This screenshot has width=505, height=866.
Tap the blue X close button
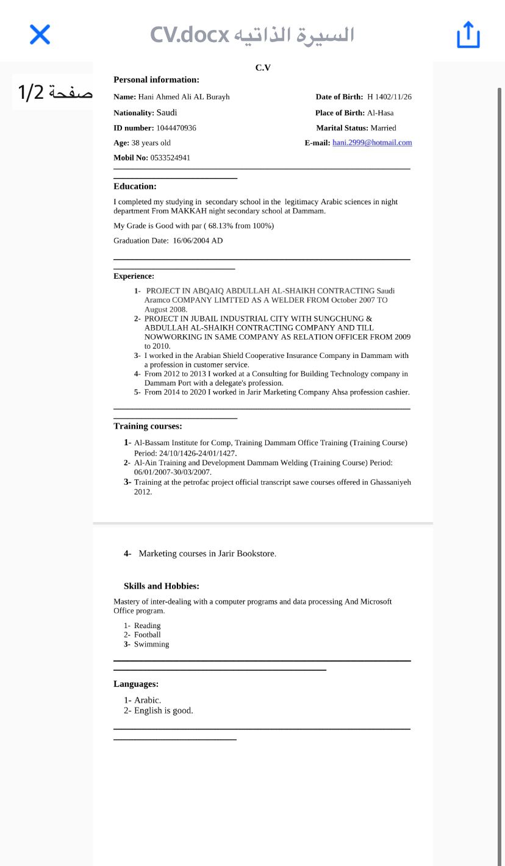(x=40, y=34)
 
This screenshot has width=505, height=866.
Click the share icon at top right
(x=468, y=34)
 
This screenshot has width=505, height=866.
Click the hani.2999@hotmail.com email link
(x=372, y=143)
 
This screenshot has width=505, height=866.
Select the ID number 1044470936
(x=176, y=128)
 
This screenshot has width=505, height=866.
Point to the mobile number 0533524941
(x=170, y=157)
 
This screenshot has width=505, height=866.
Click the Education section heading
(x=135, y=187)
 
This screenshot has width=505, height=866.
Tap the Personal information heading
(x=156, y=80)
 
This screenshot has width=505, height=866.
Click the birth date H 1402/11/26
(x=389, y=97)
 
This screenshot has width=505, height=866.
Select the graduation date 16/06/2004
(x=192, y=241)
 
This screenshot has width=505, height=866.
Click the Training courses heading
(x=148, y=426)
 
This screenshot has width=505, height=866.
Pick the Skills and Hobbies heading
(x=161, y=586)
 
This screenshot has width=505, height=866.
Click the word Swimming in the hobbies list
(x=151, y=644)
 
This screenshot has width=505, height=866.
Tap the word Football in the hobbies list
(x=147, y=635)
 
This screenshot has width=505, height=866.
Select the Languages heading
(x=136, y=684)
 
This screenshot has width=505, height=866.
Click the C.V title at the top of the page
(x=263, y=68)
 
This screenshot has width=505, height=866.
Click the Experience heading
(x=134, y=276)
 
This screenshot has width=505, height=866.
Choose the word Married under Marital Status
(x=383, y=128)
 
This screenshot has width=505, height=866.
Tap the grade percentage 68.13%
(x=221, y=226)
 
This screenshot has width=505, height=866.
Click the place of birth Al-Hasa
(x=380, y=113)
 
